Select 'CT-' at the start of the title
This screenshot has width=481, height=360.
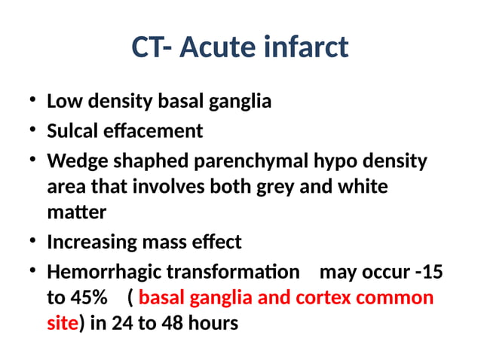click(155, 47)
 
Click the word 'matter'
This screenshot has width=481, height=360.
click(76, 212)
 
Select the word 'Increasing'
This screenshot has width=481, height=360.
click(91, 242)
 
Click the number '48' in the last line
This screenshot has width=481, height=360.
click(179, 323)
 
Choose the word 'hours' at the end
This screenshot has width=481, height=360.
click(216, 323)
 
